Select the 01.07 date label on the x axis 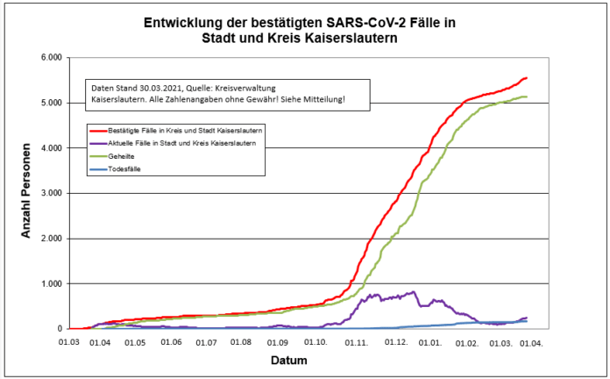click(206, 340)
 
